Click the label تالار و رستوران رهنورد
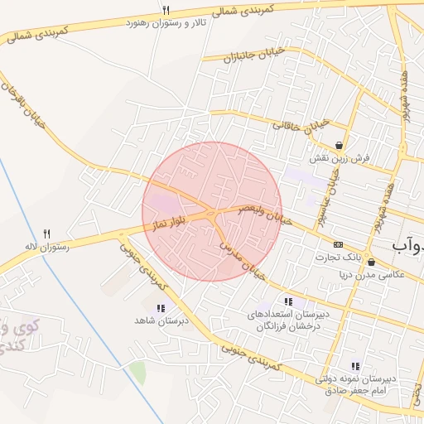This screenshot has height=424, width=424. [166, 22]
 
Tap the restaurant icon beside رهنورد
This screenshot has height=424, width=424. [166, 9]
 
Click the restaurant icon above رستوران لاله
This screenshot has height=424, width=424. [47, 234]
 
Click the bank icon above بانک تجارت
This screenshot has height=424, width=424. [338, 245]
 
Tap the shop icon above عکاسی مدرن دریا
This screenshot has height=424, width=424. [371, 263]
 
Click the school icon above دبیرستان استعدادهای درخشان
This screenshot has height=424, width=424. [287, 302]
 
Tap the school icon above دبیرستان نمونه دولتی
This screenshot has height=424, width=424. [356, 366]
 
